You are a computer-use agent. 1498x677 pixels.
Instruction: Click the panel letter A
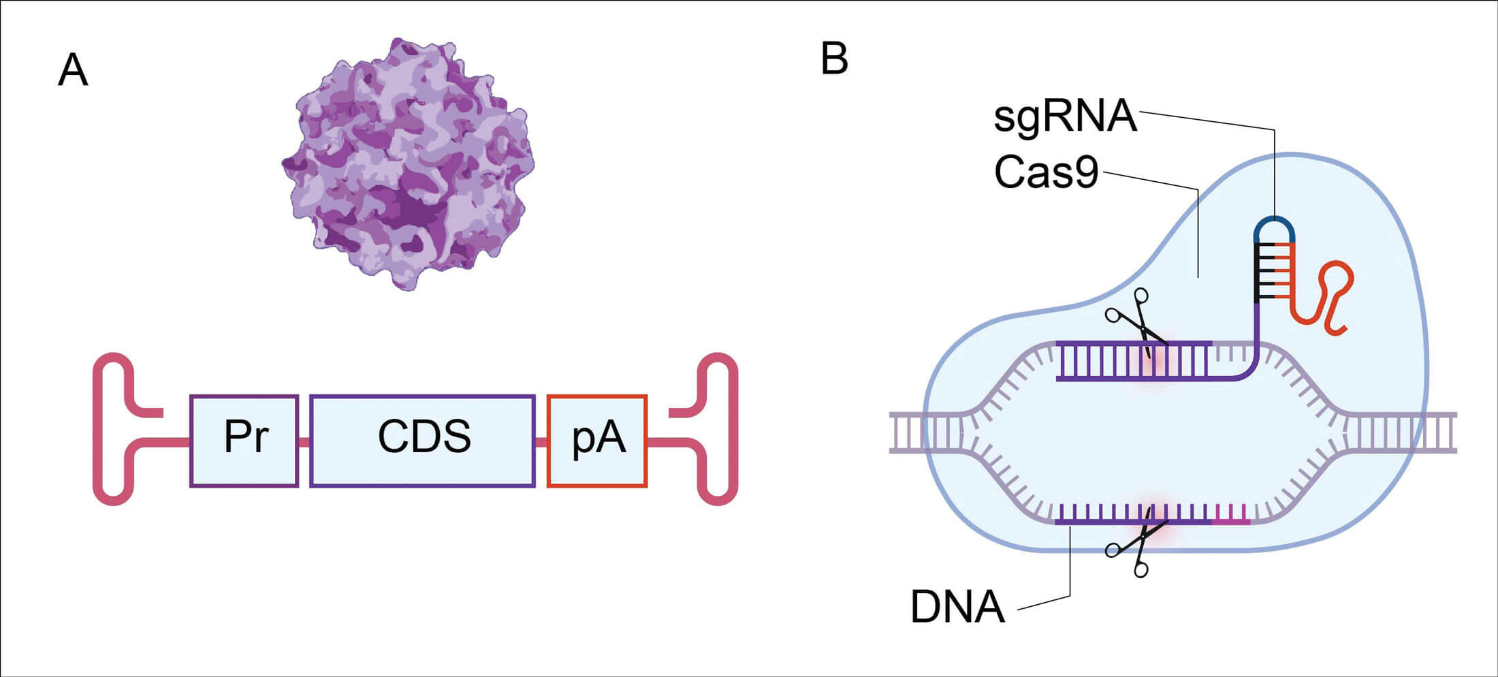coord(73,70)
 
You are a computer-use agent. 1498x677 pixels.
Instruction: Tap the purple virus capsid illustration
coord(408,164)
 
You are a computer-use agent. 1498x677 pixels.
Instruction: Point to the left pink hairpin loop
coord(114,429)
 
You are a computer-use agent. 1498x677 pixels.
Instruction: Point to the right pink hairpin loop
coord(717,429)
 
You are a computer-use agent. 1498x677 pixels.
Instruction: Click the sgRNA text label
coord(1065,116)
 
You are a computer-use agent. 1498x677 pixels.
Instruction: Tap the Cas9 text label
coord(1046,172)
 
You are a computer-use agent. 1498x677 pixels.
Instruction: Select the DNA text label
coord(957,607)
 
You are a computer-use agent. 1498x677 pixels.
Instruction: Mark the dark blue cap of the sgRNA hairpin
coord(1274,224)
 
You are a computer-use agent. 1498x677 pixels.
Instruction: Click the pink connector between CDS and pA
coord(541,443)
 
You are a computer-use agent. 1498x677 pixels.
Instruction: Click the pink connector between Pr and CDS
coord(304,443)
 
